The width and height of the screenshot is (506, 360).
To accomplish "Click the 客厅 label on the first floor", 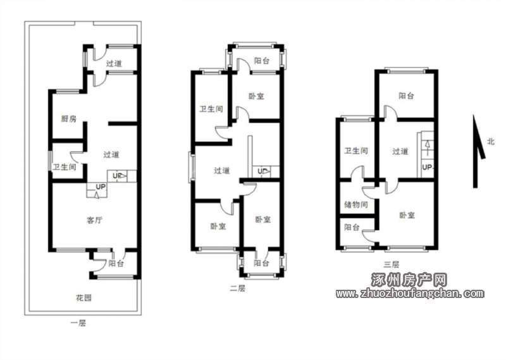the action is [94, 220].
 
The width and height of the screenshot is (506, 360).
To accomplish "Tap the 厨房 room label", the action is [69, 118].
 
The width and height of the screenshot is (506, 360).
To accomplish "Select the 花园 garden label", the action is [83, 297].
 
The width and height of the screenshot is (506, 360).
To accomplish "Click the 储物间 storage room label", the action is [356, 204].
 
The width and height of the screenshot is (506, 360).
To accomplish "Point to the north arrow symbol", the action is [478, 151].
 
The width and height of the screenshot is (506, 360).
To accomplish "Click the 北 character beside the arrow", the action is [491, 142].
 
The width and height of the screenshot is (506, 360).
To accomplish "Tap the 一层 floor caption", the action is [78, 323].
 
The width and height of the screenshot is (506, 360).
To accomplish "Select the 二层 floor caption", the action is [237, 288].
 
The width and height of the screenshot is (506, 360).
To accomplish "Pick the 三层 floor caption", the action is [392, 264].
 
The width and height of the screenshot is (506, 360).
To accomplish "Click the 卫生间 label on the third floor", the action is [356, 151].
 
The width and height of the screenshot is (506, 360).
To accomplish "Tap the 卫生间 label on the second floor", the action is [211, 109].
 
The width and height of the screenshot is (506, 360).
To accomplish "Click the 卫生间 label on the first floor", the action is [65, 167].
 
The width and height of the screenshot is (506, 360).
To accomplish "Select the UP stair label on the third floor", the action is [427, 167].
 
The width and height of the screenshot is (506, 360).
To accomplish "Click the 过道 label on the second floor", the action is [222, 170].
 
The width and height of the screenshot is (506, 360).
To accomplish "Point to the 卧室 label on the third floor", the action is [407, 214].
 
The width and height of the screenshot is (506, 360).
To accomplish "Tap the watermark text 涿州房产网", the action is [409, 279].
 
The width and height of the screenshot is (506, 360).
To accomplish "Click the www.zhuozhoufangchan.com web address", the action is [410, 293].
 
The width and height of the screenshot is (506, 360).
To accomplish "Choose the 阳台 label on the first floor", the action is [116, 263].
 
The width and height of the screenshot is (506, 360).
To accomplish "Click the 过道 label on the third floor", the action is [400, 151].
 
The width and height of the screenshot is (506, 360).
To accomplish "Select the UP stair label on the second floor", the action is [262, 171].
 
